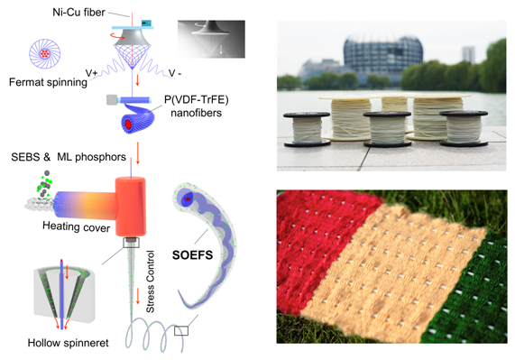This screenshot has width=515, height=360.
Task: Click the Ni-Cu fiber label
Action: click(78, 13)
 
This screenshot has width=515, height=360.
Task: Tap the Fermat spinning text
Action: click(48, 82)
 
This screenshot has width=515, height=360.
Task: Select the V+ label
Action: click(91, 73)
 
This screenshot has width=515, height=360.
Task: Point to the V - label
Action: click(175, 73)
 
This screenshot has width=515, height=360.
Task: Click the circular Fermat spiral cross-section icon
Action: click(45, 53)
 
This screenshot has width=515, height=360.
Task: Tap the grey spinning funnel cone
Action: click(132, 36)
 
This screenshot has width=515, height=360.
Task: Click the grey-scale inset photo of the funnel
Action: click(211, 39)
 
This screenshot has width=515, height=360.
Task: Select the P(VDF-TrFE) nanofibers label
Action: click(196, 106)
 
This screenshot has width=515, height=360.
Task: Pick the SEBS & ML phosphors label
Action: click(69, 157)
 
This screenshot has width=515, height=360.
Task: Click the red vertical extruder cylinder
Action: click(131, 207)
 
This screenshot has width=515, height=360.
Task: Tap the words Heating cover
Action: click(76, 226)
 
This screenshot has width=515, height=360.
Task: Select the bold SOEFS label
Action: click(192, 255)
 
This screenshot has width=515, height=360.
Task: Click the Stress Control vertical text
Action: click(150, 282)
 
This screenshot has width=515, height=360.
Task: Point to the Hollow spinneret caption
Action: click(68, 343)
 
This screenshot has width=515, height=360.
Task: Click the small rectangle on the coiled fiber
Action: click(181, 330)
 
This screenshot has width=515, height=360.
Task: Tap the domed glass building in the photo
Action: click(382, 53)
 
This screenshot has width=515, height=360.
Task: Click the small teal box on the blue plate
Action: click(146, 23)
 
